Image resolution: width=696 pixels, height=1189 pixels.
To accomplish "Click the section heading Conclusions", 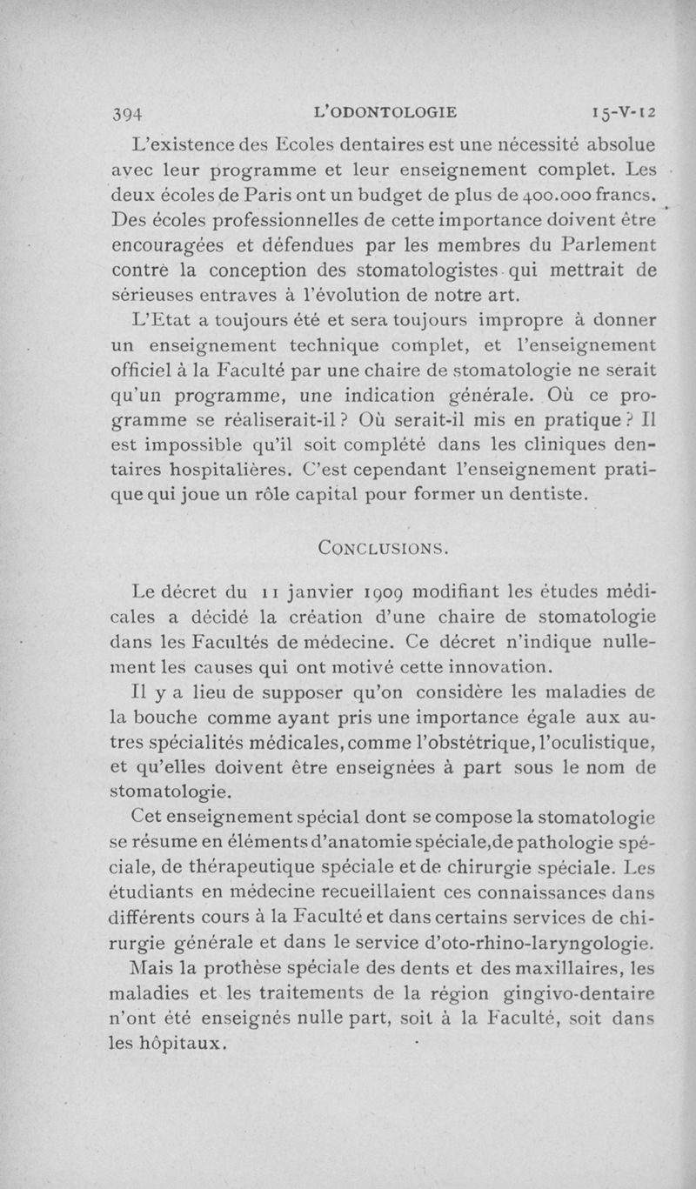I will click(384, 548).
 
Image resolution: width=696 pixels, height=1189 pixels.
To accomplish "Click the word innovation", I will click(498, 668).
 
